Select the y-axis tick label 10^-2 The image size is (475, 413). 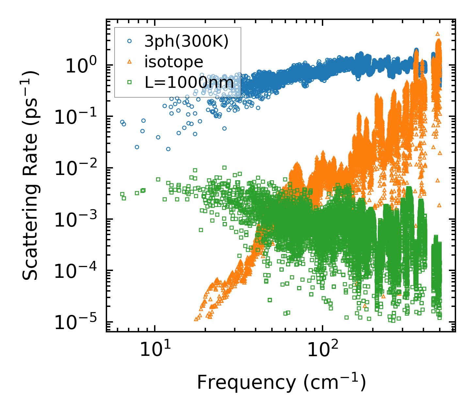(x=76, y=168)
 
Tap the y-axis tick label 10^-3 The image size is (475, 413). (x=76, y=220)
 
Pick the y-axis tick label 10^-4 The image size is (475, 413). (x=76, y=271)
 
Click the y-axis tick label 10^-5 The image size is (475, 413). (x=76, y=322)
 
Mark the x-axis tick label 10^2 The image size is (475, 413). (x=322, y=350)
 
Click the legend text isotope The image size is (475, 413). (x=174, y=62)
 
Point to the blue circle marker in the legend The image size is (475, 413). (x=130, y=41)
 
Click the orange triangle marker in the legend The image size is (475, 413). (x=130, y=62)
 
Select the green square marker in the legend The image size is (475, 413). (x=130, y=82)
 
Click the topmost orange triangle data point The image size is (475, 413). (x=438, y=34)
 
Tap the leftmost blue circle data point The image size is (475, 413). (x=122, y=122)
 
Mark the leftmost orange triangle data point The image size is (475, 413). (x=196, y=319)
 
